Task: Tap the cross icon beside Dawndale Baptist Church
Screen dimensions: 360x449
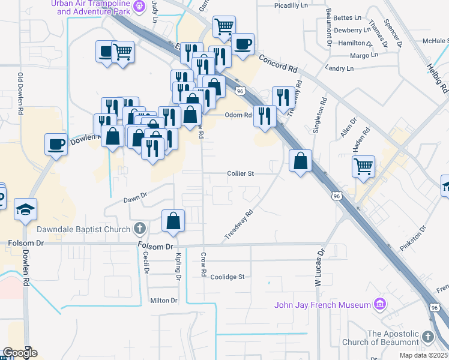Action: (140, 229)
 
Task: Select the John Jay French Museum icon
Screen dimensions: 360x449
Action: (379, 305)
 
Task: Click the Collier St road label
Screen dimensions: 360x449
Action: (241, 173)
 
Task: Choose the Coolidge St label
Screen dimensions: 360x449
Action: (228, 277)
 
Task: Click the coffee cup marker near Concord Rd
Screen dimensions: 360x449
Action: (243, 44)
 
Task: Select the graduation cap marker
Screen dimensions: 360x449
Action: (26, 209)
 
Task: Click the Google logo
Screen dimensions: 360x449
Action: (20, 353)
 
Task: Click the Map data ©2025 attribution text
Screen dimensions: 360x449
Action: (423, 355)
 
